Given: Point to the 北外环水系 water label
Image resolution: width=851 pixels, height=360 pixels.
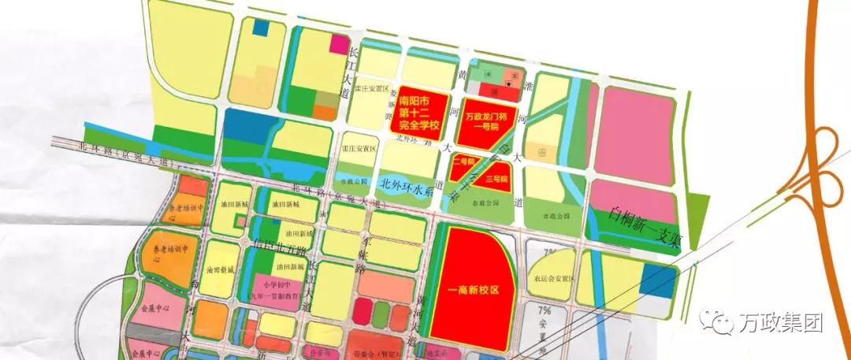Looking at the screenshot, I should [x=407, y=185].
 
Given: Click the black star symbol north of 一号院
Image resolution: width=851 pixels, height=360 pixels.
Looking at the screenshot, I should [x=510, y=83].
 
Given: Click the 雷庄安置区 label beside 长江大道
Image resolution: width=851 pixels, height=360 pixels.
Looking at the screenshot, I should [x=371, y=89].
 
